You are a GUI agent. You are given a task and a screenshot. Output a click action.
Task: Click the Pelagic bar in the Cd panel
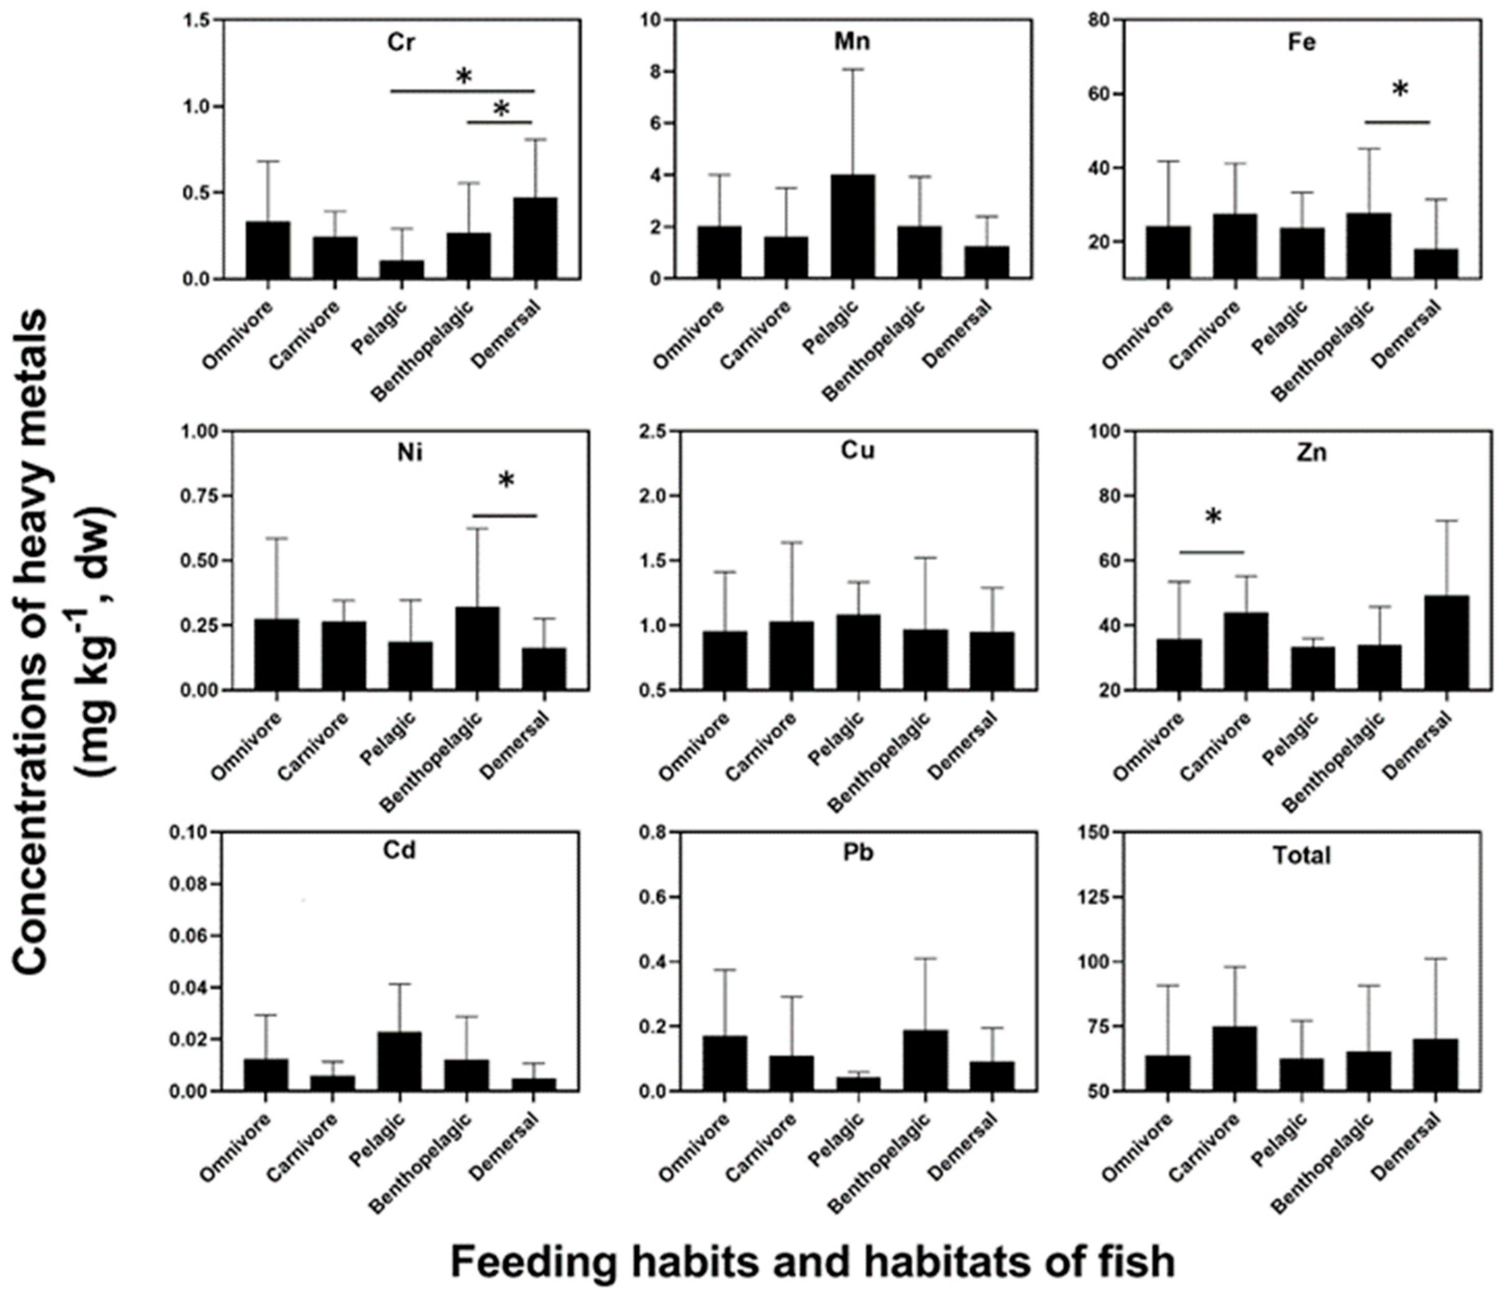(x=399, y=1061)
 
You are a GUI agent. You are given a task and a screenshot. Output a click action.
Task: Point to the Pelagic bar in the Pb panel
(x=858, y=1083)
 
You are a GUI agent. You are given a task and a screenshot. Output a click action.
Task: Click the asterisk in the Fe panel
(x=1400, y=91)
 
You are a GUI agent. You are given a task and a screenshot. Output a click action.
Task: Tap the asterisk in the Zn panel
(x=1213, y=517)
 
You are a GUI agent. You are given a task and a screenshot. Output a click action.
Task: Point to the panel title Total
(x=1302, y=856)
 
